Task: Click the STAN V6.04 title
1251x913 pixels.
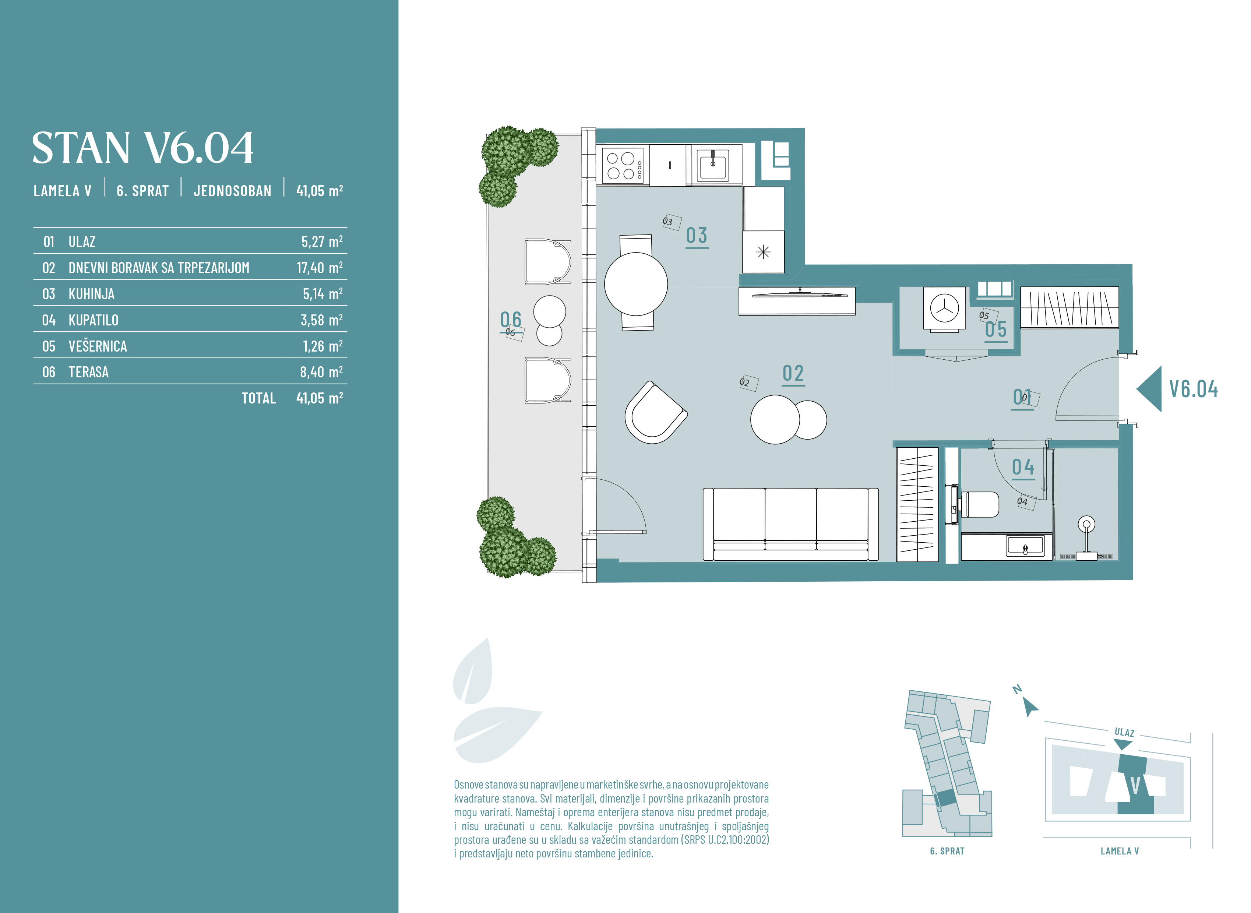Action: coord(142,148)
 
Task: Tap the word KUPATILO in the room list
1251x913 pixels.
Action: coord(94,320)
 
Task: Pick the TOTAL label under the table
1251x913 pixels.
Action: coord(258,398)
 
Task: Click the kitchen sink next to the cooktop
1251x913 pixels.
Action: coord(713,165)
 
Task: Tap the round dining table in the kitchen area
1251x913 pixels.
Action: coord(636,284)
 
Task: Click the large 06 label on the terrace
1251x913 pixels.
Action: coord(511,320)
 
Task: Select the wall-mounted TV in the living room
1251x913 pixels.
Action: coord(800,295)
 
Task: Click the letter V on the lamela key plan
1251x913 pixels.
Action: coord(1135,785)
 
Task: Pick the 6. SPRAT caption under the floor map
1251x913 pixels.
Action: coord(947,852)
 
